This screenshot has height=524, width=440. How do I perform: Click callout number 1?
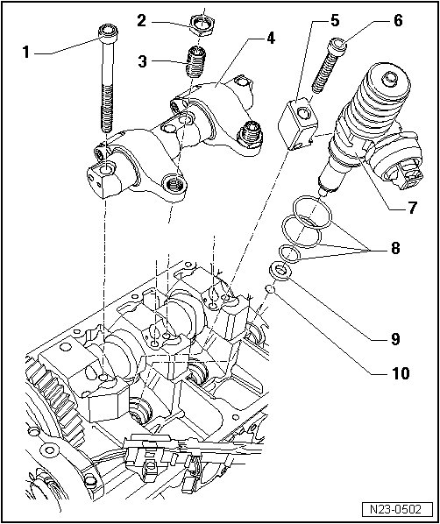click(x=25, y=53)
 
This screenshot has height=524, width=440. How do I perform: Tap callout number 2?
click(x=141, y=21)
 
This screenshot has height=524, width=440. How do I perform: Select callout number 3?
click(x=143, y=61)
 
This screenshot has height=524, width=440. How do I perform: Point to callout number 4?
click(x=270, y=39)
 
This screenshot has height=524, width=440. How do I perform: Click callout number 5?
click(x=334, y=21)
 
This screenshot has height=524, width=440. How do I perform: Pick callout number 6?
click(x=398, y=21)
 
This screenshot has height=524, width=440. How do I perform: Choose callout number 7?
click(x=412, y=208)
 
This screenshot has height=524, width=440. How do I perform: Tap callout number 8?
click(x=395, y=248)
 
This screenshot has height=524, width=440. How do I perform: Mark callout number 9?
click(x=395, y=339)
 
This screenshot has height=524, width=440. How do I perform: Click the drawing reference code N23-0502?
click(x=396, y=510)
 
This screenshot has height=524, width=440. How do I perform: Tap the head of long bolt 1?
click(x=109, y=33)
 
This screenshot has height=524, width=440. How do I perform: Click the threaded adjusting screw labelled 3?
click(x=195, y=62)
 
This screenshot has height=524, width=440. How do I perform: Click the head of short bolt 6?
click(x=337, y=46)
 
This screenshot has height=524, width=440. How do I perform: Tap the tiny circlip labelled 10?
click(x=270, y=289)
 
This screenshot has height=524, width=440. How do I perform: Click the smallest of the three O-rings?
click(x=288, y=253)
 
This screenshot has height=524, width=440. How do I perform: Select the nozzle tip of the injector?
click(x=323, y=193)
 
